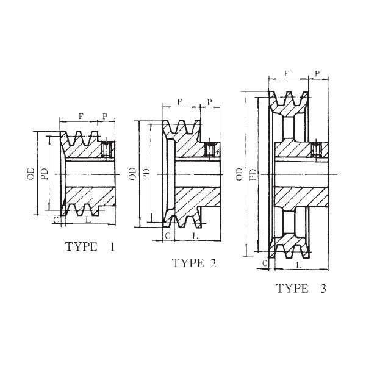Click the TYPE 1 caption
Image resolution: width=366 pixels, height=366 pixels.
coord(90,247)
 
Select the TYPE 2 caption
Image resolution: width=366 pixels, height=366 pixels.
coord(194,264)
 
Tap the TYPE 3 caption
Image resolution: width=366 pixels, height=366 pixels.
coord(301,289)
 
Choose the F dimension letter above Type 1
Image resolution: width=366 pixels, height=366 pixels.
coord(81,116)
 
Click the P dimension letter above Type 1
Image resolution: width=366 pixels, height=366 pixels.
coord(105,116)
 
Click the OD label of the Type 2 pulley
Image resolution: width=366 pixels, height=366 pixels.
coord(133,174)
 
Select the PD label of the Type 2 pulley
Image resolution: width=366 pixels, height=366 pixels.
coord(146,174)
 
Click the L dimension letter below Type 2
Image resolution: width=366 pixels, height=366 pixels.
coord(195,235)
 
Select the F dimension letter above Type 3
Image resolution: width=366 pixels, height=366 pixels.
coord(287,73)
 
